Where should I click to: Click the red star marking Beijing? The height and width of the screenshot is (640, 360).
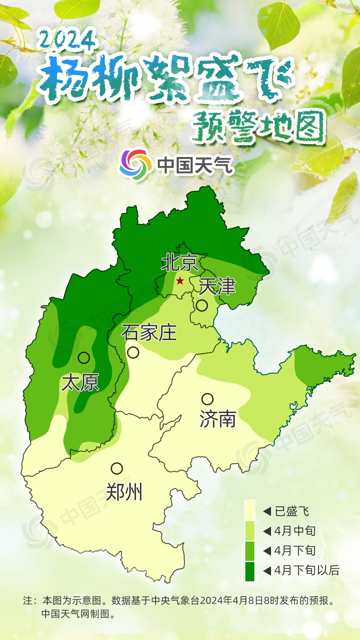click(180, 281)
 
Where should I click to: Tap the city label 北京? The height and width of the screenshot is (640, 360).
click(180, 263)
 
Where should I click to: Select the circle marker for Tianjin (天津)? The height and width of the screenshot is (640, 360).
click(202, 305)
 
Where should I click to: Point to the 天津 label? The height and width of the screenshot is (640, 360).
click(217, 286)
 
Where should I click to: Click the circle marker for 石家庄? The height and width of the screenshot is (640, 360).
click(133, 352)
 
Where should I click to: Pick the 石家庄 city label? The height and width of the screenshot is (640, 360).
click(149, 333)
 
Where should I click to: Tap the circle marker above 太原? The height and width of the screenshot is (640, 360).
click(84, 358)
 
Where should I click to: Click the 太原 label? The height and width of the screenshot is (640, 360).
click(80, 382)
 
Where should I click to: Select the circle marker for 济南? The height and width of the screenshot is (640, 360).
click(207, 399)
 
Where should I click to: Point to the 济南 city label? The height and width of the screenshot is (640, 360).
click(218, 419)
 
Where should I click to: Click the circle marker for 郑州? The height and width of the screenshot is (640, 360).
click(117, 468)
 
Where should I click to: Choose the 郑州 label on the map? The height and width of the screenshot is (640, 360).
click(124, 492)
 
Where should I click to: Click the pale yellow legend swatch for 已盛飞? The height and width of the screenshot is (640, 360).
click(250, 510)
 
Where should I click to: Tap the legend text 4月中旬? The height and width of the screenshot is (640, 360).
click(295, 531)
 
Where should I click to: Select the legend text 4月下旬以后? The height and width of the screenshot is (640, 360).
click(307, 570)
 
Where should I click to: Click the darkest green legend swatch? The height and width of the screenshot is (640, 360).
click(250, 571)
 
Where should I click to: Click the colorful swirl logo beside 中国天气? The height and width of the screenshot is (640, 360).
click(135, 164)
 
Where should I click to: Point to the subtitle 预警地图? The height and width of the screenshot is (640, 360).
click(258, 127)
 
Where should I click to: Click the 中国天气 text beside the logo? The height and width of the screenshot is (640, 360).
click(195, 165)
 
